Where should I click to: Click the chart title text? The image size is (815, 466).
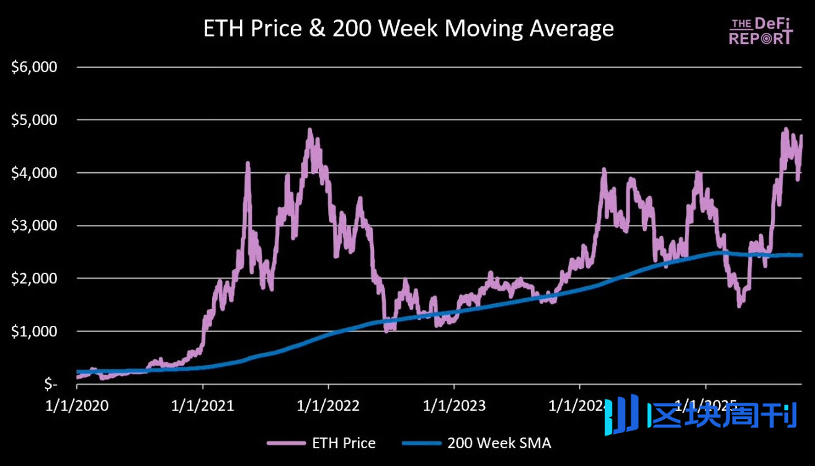(x=408, y=29)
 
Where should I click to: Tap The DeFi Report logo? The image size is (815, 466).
(x=760, y=31)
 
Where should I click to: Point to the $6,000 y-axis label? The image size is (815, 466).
(x=35, y=67)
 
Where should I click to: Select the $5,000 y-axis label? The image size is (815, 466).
(x=35, y=120)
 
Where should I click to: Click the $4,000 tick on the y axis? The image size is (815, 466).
(x=35, y=172)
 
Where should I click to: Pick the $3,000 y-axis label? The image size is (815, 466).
(x=35, y=226)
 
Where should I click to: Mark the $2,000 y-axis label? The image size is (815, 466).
(x=35, y=278)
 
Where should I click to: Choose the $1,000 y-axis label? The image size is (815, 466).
(x=35, y=331)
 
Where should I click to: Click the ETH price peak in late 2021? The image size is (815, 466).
(x=310, y=130)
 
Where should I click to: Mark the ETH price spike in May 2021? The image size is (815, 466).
(x=248, y=164)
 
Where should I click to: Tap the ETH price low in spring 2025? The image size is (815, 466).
(x=739, y=306)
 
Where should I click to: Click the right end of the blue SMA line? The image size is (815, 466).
(x=801, y=255)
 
